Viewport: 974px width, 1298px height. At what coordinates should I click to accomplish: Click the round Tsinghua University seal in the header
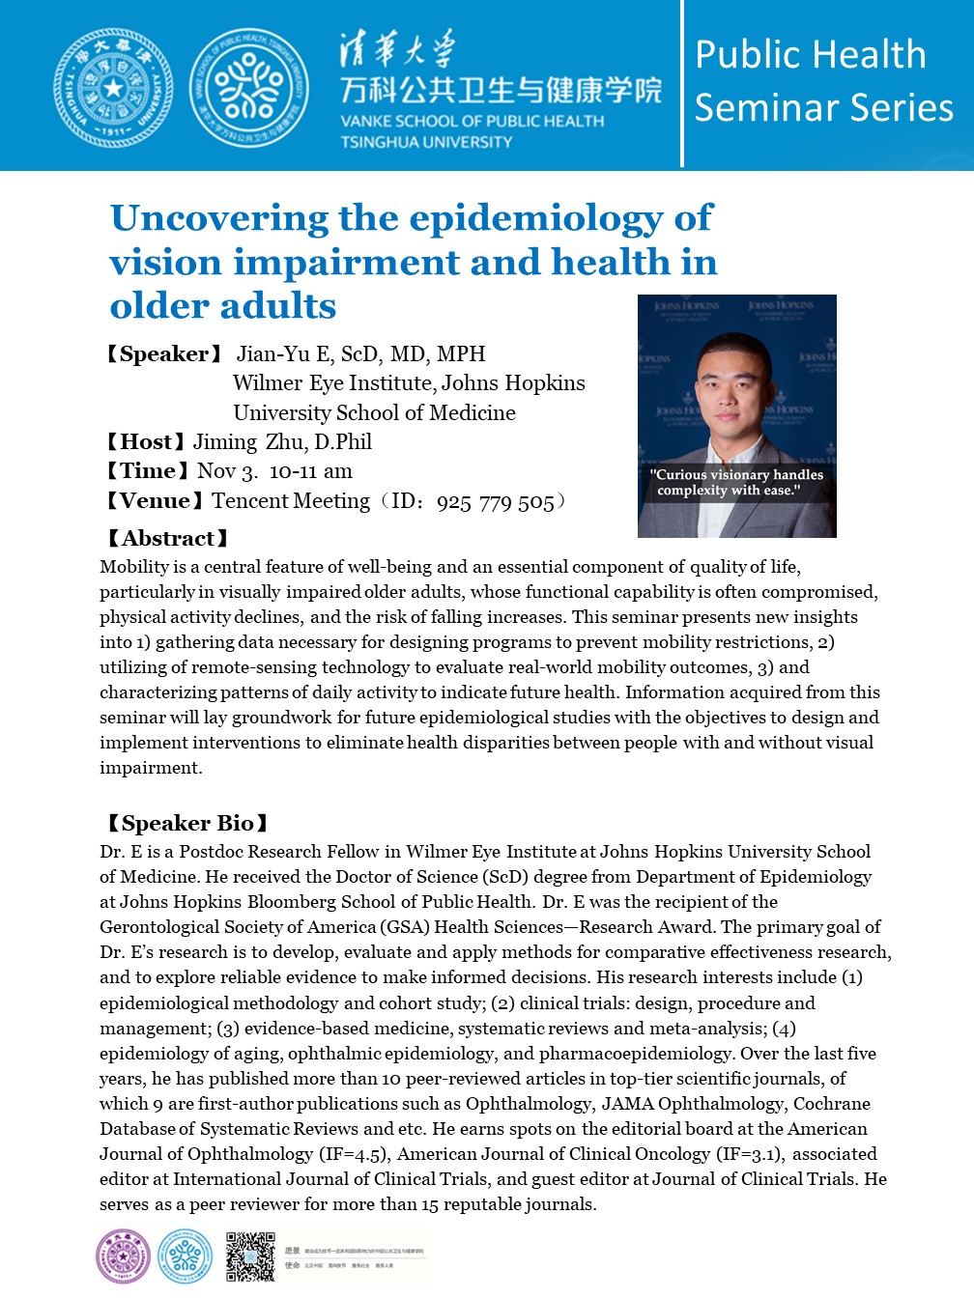pyautogui.click(x=113, y=88)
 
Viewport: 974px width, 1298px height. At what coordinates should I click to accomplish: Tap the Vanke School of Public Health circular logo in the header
pyautogui.click(x=248, y=88)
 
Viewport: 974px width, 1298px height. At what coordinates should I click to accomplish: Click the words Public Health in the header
pyautogui.click(x=810, y=54)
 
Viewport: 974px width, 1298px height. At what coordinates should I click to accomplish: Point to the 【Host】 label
pyautogui.click(x=145, y=442)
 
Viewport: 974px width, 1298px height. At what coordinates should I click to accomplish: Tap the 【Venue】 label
pyautogui.click(x=155, y=501)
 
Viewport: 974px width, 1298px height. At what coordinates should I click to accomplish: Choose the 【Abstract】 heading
pyautogui.click(x=167, y=539)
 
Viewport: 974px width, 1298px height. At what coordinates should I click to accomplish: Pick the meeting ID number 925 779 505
pyautogui.click(x=495, y=502)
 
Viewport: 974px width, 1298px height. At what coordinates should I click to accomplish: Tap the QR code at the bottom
pyautogui.click(x=250, y=1256)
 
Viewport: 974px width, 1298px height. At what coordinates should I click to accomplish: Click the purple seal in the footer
pyautogui.click(x=124, y=1256)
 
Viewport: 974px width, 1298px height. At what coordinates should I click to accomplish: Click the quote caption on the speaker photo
pyautogui.click(x=736, y=482)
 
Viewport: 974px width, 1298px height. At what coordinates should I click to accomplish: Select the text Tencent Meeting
pyautogui.click(x=291, y=501)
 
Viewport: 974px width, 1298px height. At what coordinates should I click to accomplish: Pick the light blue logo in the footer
pyautogui.click(x=185, y=1256)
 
